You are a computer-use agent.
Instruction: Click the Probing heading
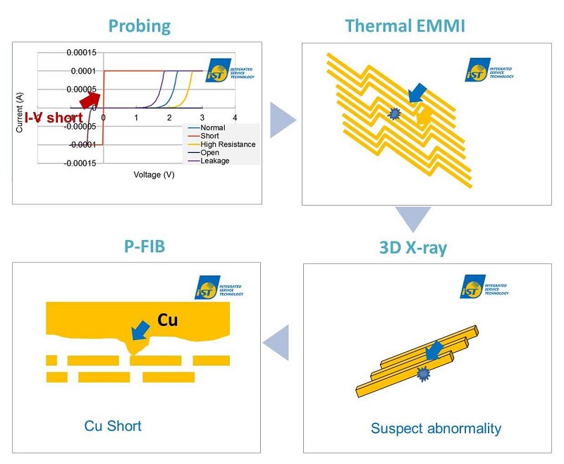tap(140, 27)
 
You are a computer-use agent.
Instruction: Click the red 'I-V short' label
tap(54, 118)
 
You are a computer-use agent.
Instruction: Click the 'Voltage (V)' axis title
tap(154, 174)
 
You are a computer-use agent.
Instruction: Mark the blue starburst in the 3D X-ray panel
tap(424, 374)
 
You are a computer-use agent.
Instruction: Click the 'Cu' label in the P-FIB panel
tap(167, 320)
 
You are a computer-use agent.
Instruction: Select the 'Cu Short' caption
tap(113, 426)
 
